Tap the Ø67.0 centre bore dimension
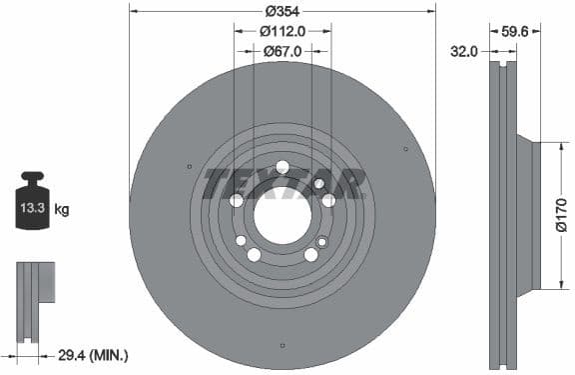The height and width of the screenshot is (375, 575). tap(283, 51)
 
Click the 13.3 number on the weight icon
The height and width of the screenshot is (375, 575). tap(30, 209)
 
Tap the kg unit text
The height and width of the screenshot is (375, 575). tap(62, 209)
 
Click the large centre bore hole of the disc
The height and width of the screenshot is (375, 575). tap(282, 213)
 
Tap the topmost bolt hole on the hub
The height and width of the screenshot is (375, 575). tap(283, 166)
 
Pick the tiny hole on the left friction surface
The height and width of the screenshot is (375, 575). tap(190, 166)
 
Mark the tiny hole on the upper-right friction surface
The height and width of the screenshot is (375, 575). tap(405, 149)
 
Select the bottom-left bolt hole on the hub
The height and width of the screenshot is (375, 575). tap(255, 255)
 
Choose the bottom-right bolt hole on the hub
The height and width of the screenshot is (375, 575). tap(310, 255)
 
